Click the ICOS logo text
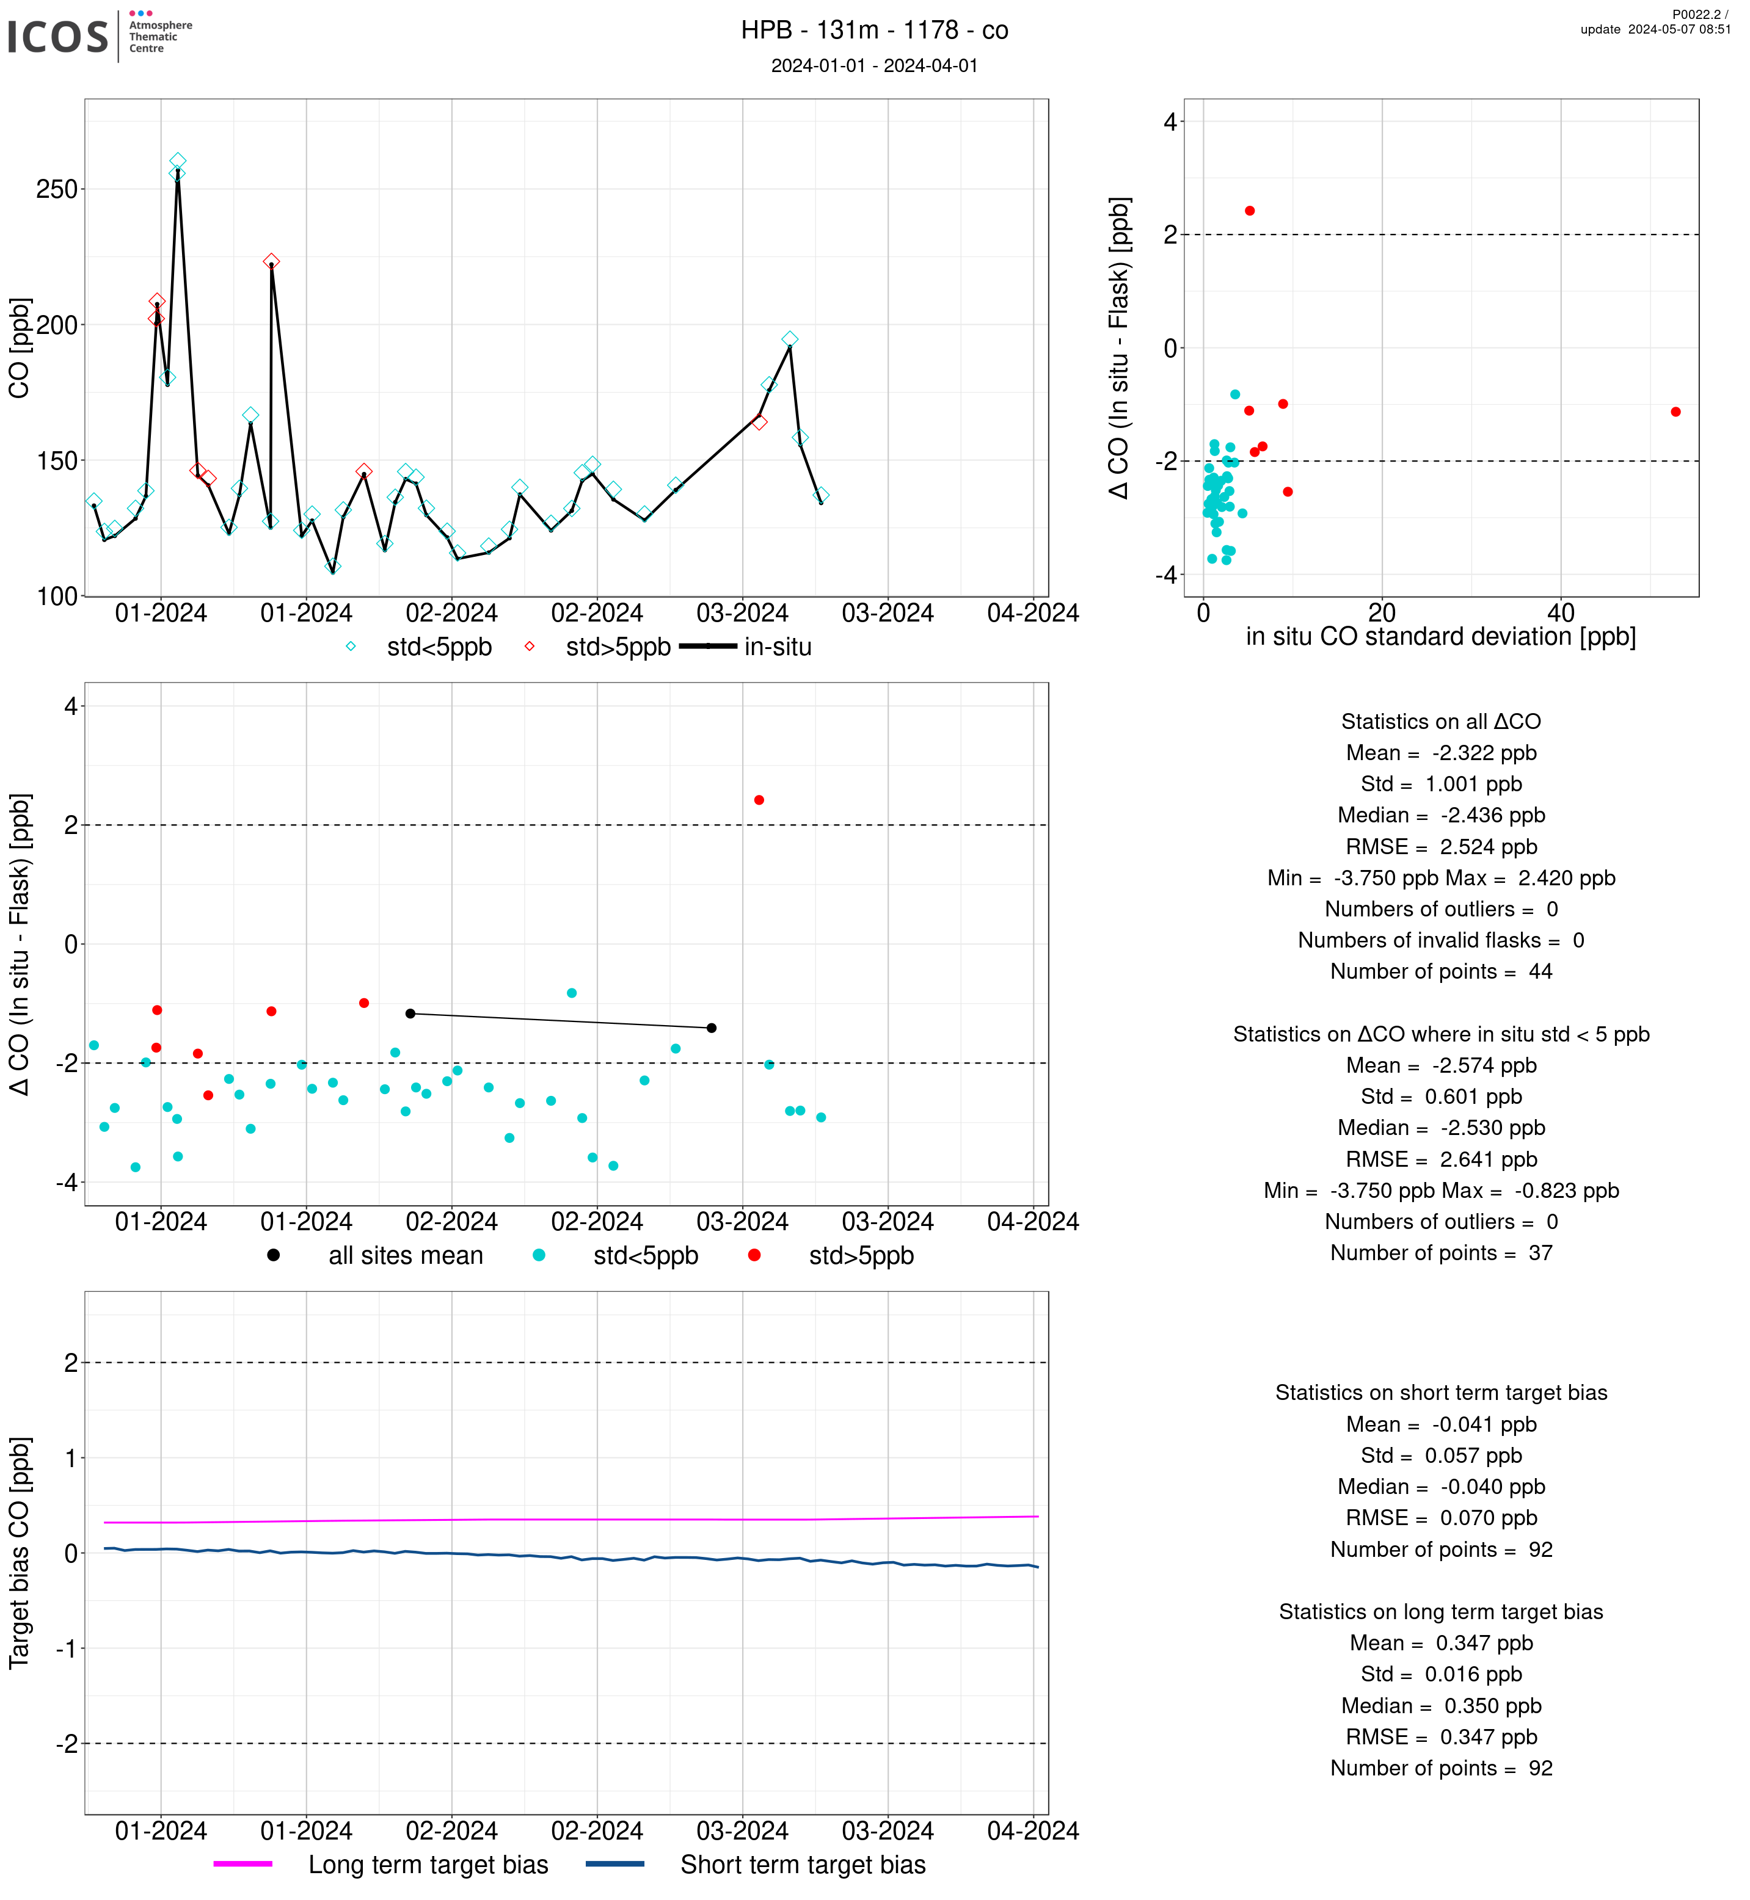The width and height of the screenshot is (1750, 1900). point(58,37)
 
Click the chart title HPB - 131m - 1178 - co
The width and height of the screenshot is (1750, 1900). point(874,31)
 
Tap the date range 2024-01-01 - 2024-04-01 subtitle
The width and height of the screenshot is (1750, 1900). point(874,65)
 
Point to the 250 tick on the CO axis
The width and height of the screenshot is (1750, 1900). point(57,189)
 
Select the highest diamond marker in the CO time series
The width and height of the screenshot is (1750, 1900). point(178,161)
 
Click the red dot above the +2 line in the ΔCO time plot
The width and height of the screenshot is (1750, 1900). point(759,800)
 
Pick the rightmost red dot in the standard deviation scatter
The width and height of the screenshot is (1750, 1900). point(1676,412)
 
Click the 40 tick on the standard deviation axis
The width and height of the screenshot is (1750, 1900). point(1561,612)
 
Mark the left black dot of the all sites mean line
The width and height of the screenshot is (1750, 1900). point(410,1014)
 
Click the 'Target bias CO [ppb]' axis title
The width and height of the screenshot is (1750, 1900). point(19,1553)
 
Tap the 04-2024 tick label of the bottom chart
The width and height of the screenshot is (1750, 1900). point(1033,1831)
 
